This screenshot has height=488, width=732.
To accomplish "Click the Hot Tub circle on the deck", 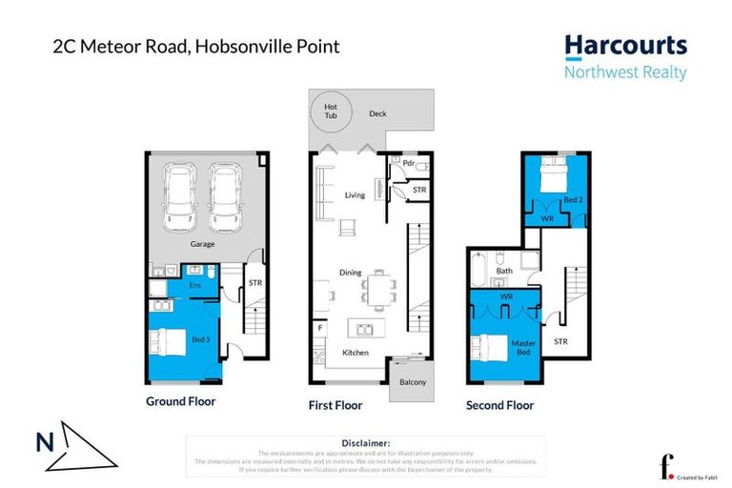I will [x=331, y=112].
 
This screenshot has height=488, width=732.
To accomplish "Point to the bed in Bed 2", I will [x=554, y=175].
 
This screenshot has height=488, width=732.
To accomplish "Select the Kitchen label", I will [x=356, y=354].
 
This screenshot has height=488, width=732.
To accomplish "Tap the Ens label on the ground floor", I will [x=194, y=284].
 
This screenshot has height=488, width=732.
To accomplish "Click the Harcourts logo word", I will [x=625, y=48].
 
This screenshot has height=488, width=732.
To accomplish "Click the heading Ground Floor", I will [x=180, y=401].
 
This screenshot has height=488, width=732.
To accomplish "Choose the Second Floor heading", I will [x=499, y=405].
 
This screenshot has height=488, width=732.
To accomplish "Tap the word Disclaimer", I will [x=365, y=443].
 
